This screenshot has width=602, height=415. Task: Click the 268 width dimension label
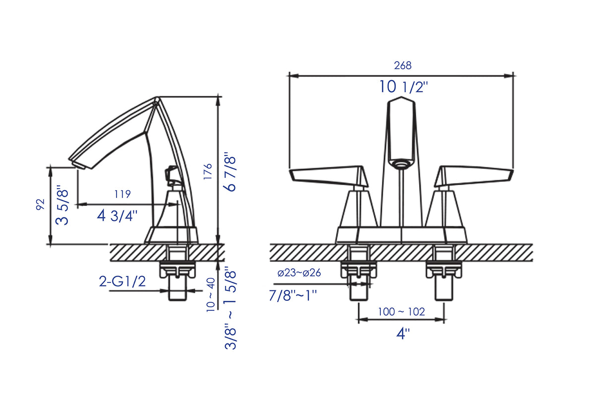click(x=402, y=66)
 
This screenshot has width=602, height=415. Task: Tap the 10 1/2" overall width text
click(x=403, y=87)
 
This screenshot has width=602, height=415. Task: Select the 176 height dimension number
click(x=208, y=172)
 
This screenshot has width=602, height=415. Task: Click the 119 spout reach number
click(x=122, y=194)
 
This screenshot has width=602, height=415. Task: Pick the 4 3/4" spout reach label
click(x=117, y=215)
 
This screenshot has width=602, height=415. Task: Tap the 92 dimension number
click(x=40, y=204)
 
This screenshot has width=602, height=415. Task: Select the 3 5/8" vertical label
click(x=62, y=205)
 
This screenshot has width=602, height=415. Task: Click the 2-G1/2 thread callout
click(x=122, y=281)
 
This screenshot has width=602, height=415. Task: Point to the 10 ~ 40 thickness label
click(x=211, y=295)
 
